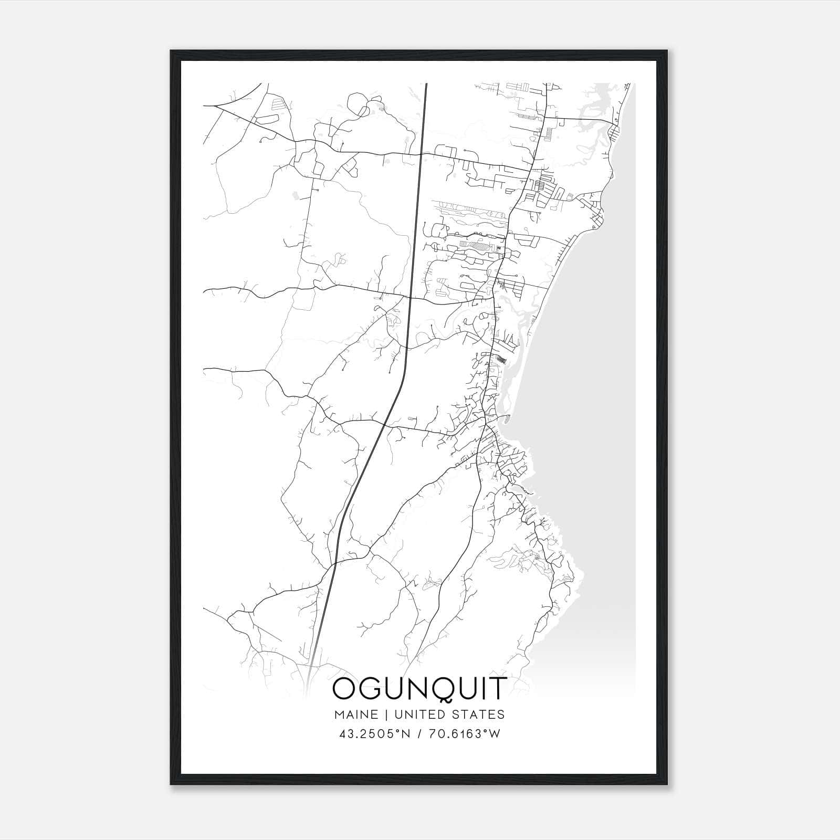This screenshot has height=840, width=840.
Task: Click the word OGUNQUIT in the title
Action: [x=419, y=688]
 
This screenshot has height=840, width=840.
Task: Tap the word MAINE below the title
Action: [x=355, y=715]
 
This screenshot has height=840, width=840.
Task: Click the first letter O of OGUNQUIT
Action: [x=344, y=688]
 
